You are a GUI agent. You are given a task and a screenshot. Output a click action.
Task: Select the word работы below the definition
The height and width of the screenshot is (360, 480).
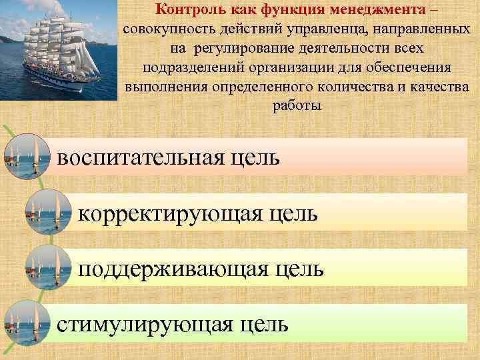[297, 107]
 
